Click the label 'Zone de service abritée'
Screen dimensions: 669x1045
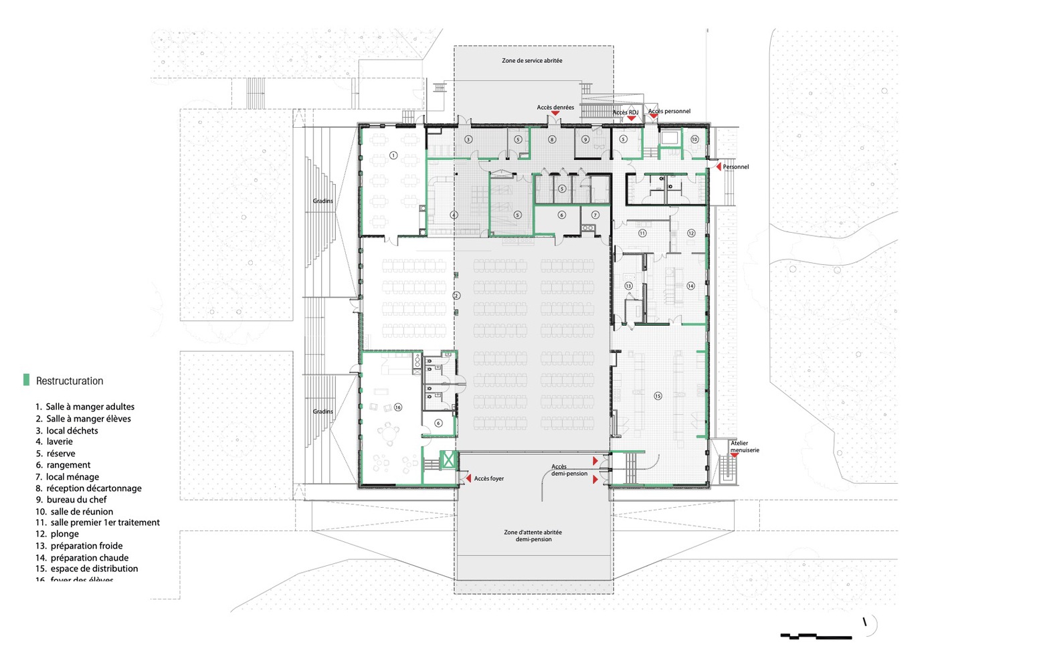[532, 61]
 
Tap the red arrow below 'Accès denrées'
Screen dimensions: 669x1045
[555, 114]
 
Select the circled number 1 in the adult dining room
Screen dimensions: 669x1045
[393, 155]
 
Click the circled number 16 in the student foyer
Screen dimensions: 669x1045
[398, 407]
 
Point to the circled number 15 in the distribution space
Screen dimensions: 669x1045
[658, 396]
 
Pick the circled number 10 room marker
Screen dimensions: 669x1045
[694, 139]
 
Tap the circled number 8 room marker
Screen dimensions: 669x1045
[552, 140]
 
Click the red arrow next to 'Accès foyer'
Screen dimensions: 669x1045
[468, 478]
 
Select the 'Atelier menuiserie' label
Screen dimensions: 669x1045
[744, 447]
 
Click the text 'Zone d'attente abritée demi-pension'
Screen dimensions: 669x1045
[533, 536]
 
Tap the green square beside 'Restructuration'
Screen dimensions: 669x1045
[27, 380]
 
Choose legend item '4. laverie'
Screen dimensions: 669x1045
[54, 442]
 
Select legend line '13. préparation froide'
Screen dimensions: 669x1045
[79, 546]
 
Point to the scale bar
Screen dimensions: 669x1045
[816, 636]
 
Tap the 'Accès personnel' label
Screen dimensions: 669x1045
[669, 111]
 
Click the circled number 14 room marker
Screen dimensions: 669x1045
[690, 286]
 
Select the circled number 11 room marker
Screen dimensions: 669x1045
[642, 233]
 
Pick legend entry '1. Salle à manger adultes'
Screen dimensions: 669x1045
[85, 407]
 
